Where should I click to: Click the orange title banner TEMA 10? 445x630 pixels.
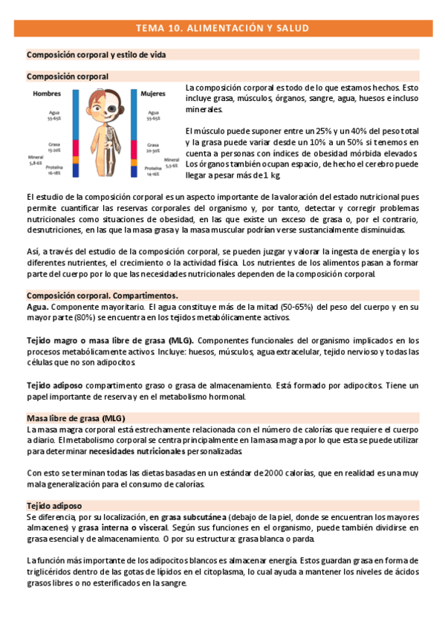pos(222,28)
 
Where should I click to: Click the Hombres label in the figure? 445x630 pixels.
pos(46,94)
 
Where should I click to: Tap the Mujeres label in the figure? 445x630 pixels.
pos(152,94)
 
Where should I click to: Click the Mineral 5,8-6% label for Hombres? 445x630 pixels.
pos(36,160)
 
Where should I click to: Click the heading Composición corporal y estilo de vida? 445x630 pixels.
pos(96,55)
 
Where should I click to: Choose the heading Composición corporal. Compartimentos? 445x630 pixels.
pos(102,295)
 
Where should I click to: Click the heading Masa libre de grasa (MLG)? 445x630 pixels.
pos(76,418)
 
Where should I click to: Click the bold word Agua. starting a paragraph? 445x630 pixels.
pos(38,306)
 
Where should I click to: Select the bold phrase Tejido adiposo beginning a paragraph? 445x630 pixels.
pos(55,386)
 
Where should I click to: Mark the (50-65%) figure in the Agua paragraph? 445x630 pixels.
pos(317,306)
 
